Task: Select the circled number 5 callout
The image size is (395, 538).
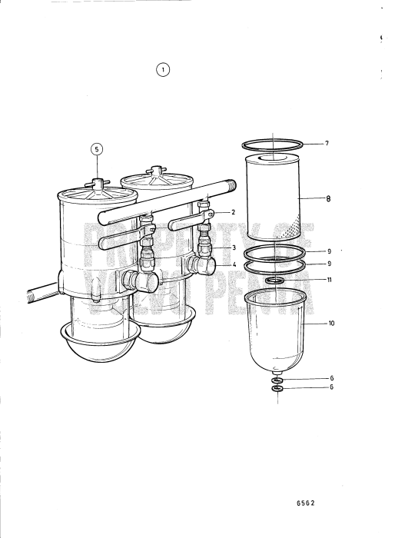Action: tap(97, 150)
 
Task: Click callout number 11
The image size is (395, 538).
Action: tap(329, 280)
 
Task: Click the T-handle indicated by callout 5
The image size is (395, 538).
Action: tap(98, 182)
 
